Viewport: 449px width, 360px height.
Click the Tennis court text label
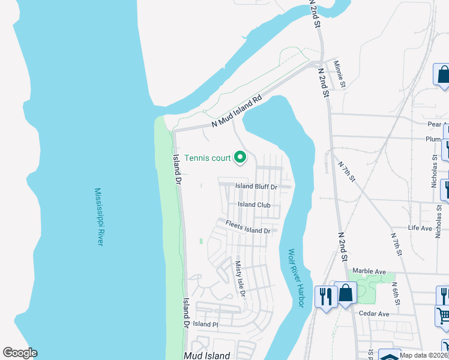[208, 158]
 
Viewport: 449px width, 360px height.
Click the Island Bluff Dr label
[256, 187]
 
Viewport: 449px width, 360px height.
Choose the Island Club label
[254, 205]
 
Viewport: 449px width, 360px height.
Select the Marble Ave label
[369, 271]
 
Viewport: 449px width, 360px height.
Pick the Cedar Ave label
[374, 314]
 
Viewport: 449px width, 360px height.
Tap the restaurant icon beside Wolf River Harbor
[325, 295]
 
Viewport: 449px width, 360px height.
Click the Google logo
[20, 353]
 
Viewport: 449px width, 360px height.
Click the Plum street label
[433, 139]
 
